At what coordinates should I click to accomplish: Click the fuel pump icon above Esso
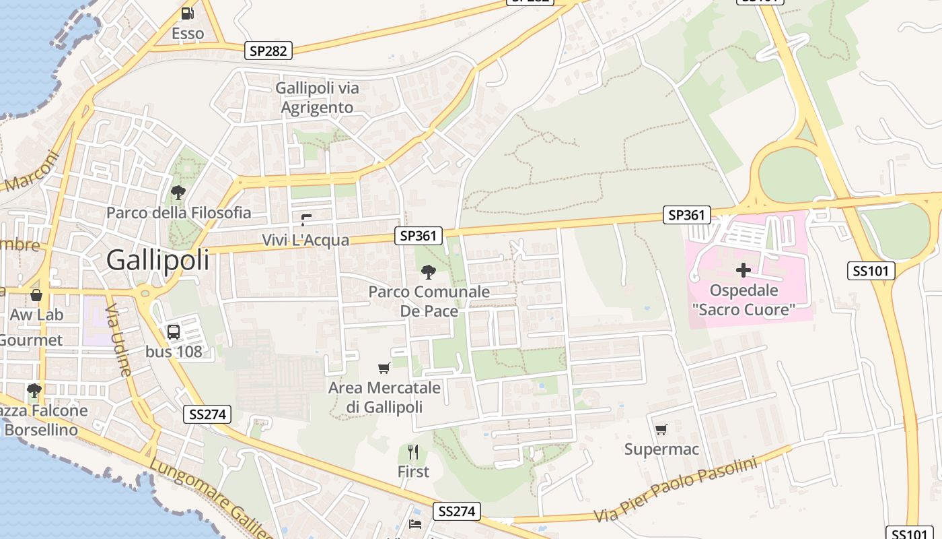(188, 13)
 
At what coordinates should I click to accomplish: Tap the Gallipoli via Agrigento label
(317, 98)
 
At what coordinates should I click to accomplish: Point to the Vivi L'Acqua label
(305, 240)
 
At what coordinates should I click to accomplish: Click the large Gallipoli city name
(157, 260)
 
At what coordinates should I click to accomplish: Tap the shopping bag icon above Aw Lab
(36, 295)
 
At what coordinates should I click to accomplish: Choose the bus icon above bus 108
(174, 331)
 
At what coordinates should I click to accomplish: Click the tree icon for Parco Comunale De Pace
(428, 272)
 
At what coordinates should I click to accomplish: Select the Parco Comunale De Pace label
(429, 301)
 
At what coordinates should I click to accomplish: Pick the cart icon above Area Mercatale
(384, 368)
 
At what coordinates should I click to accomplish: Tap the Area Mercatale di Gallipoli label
(384, 398)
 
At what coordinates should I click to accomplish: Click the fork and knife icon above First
(413, 451)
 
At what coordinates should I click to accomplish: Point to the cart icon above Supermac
(661, 429)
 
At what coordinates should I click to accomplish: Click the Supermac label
(661, 449)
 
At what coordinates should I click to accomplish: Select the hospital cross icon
(744, 271)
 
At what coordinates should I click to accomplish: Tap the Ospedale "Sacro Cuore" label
(744, 300)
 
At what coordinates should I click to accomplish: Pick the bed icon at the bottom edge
(415, 524)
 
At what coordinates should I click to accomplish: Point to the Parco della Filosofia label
(178, 213)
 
